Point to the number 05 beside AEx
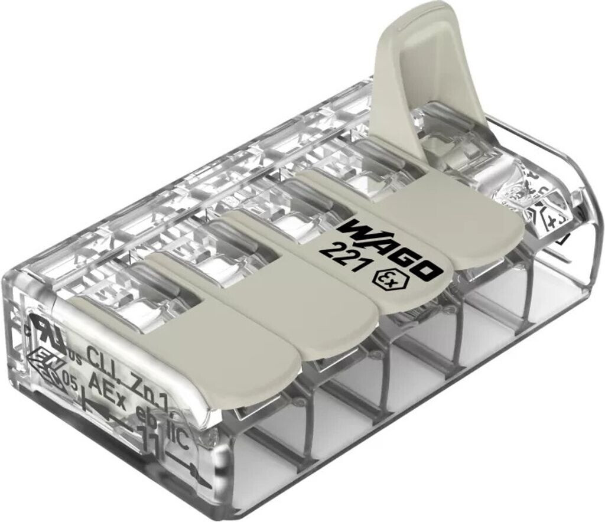[70, 381]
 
